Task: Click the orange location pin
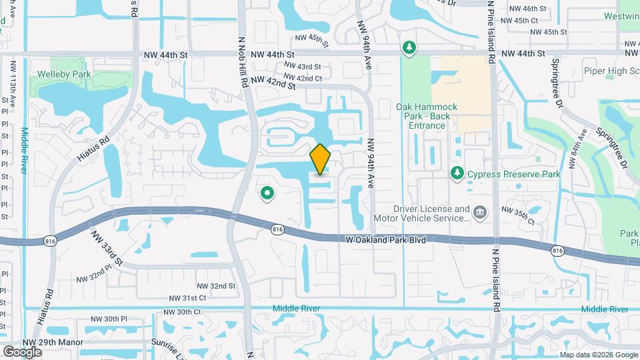coord(320,159)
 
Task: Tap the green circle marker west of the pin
coord(267,194)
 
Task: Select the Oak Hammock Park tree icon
coord(409,48)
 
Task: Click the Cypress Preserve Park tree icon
coord(457,174)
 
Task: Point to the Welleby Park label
coord(64,75)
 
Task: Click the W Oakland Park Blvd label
coord(386,239)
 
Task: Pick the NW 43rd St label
coord(302,67)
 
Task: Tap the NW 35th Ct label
coord(521,215)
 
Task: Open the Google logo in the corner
coord(22,351)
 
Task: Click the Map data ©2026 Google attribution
coord(598,355)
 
